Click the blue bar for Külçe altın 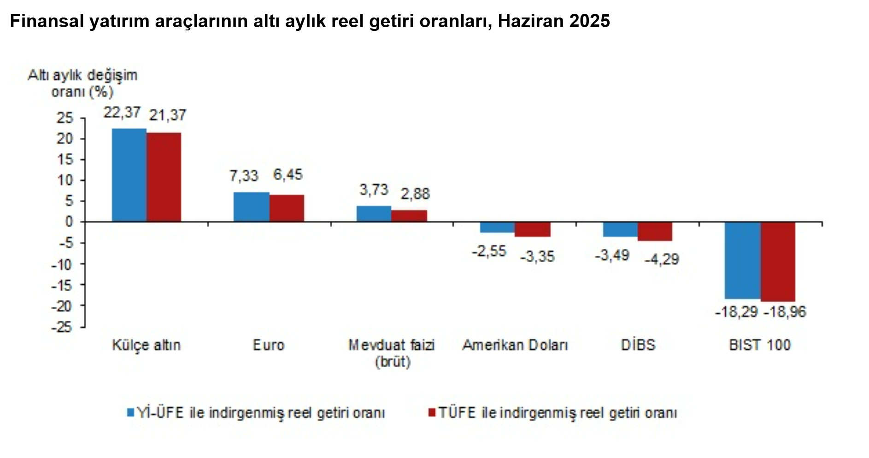click(x=129, y=175)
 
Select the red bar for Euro click(x=287, y=208)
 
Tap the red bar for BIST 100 click(x=778, y=262)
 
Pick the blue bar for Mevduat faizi click(x=374, y=214)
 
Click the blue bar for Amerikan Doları click(x=497, y=227)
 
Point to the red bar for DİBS click(x=655, y=231)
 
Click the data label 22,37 click(x=122, y=112)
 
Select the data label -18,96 click(x=785, y=312)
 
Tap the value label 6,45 click(x=288, y=175)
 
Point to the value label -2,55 click(x=489, y=251)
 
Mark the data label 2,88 click(x=415, y=194)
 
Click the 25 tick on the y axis click(x=65, y=118)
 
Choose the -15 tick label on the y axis click(x=62, y=285)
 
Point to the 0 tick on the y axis click(x=69, y=222)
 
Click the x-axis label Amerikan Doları click(x=515, y=345)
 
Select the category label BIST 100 click(x=760, y=345)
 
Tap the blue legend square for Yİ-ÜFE click(x=130, y=412)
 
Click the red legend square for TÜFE click(x=432, y=412)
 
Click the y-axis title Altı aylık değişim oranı click(x=83, y=83)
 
